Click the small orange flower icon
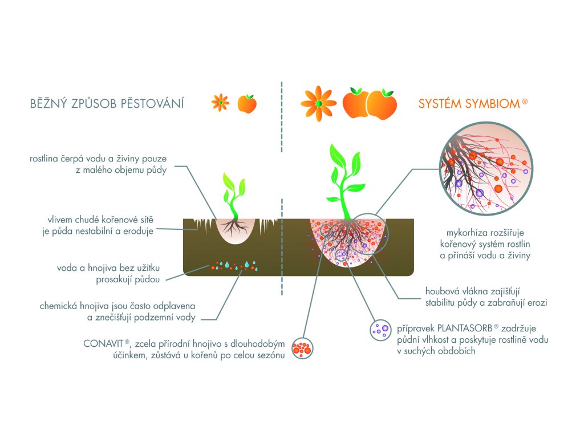pyautogui.click(x=220, y=103)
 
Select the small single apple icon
pyautogui.click(x=247, y=104)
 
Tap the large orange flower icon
pyautogui.click(x=319, y=103)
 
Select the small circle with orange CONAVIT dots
pyautogui.click(x=302, y=348)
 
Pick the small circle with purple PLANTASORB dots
pyautogui.click(x=379, y=330)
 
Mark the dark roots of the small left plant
pyautogui.click(x=233, y=228)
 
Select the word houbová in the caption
pyautogui.click(x=442, y=290)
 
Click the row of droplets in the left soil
pyautogui.click(x=234, y=265)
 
